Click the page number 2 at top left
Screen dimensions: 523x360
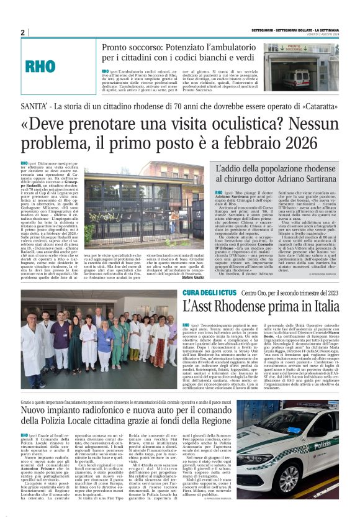(23, 32)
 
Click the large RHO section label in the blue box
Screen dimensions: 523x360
(54, 65)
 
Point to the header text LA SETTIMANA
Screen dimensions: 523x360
(325, 29)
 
